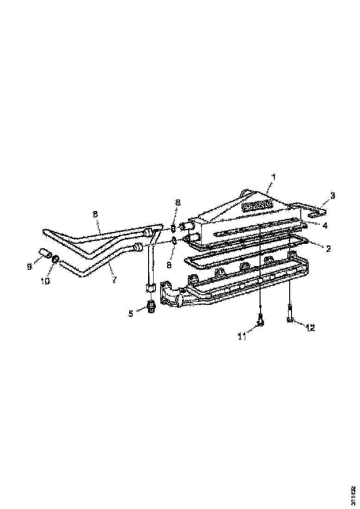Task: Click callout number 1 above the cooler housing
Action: pos(273,177)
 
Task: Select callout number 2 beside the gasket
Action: pos(328,248)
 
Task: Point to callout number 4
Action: pos(325,225)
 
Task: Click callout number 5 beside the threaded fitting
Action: pos(131,313)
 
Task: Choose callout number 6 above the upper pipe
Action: pos(95,215)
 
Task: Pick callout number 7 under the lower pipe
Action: pos(114,280)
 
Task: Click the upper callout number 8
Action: pos(177,202)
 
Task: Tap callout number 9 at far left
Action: pos(29,266)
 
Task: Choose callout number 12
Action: pos(310,328)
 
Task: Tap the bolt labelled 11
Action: pos(260,320)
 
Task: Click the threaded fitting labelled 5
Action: pos(151,306)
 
